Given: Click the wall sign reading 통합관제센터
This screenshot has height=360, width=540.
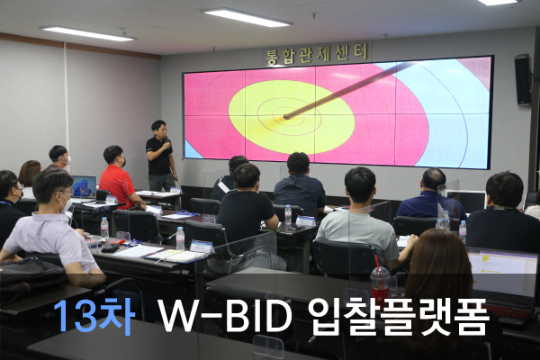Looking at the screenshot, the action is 317,54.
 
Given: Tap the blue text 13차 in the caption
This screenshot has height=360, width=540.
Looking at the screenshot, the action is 94,316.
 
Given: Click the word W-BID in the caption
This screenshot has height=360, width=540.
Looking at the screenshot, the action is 226,316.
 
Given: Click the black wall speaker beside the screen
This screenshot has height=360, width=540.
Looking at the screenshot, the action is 523,79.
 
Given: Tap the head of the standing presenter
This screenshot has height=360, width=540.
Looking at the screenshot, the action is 160,129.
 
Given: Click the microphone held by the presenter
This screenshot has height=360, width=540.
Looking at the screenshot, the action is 166,141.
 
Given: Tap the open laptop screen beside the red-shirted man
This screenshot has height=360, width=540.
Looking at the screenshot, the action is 84,186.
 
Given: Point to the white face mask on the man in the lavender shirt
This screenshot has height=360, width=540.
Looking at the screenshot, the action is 66,204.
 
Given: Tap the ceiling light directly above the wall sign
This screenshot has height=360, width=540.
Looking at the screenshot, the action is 247,16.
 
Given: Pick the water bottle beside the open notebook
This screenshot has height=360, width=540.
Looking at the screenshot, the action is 180,238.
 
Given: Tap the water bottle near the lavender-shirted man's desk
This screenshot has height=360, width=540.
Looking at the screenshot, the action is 104,228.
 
